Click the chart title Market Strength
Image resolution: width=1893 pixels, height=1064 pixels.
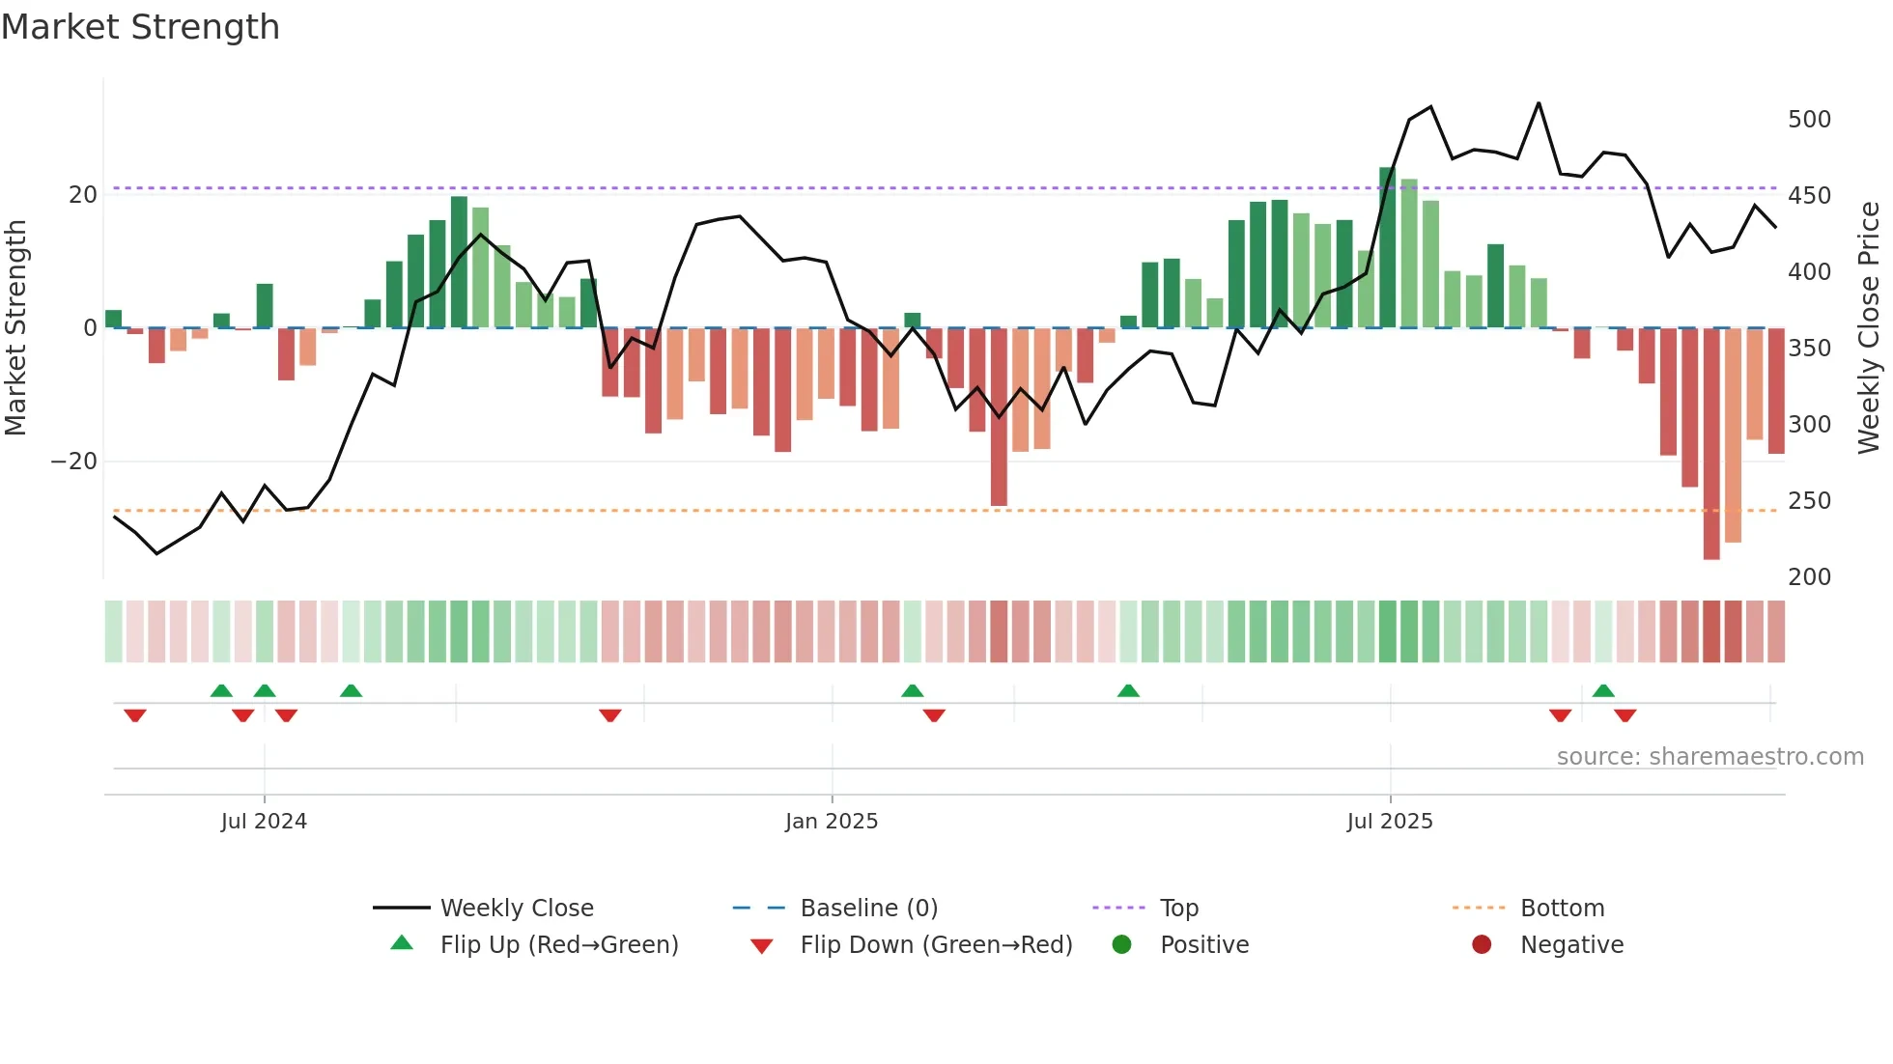(x=140, y=27)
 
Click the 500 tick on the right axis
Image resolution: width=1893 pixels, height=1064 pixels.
(x=1809, y=120)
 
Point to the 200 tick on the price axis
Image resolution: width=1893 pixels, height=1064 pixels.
(x=1809, y=577)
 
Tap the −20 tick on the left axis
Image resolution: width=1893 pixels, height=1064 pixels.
(x=74, y=462)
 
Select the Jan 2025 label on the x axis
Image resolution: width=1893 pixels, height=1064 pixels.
(x=831, y=822)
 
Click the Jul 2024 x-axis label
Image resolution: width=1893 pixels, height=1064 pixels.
(x=264, y=822)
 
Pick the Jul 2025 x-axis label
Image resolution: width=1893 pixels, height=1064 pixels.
(x=1390, y=822)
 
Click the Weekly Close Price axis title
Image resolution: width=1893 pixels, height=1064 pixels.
(x=1869, y=328)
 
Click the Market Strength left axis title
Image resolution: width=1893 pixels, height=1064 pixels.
(x=16, y=328)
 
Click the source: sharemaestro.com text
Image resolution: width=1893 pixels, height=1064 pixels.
(x=1709, y=757)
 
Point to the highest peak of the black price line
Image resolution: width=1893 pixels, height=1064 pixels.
(x=1539, y=103)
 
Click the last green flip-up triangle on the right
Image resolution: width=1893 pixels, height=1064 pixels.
(x=1603, y=690)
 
